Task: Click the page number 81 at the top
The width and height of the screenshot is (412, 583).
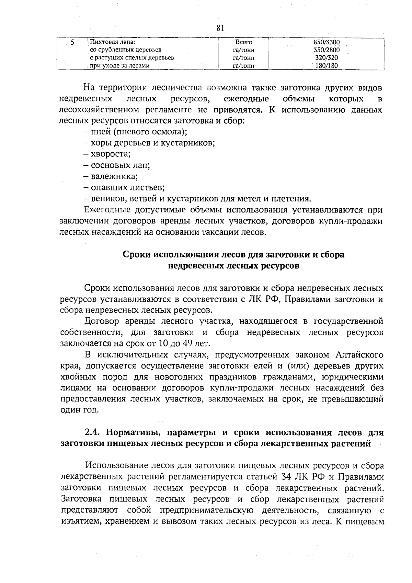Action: click(220, 29)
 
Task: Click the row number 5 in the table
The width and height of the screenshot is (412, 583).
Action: click(72, 43)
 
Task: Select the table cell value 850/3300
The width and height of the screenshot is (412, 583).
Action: click(327, 42)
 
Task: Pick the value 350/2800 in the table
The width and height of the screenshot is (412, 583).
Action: click(327, 50)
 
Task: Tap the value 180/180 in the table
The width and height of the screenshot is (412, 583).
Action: click(327, 66)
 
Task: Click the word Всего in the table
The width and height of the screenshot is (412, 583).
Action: click(243, 42)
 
